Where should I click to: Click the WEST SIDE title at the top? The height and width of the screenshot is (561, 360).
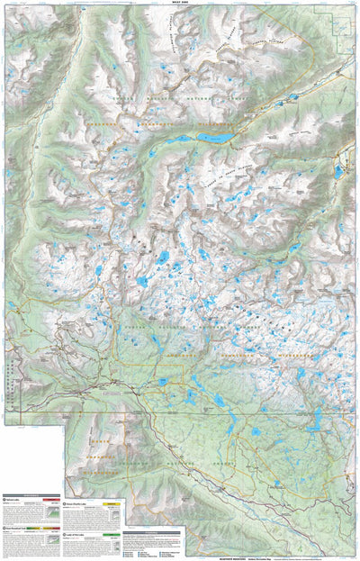(180, 4)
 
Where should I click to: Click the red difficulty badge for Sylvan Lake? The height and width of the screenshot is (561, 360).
(51, 500)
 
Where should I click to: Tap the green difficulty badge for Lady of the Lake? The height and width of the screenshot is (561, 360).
(110, 533)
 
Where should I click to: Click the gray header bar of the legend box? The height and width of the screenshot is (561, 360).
(151, 532)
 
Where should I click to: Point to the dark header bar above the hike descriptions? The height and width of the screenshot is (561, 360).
(31, 494)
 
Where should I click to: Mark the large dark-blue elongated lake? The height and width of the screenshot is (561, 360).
(216, 138)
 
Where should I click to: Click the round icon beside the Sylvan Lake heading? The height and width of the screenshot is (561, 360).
(4, 500)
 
